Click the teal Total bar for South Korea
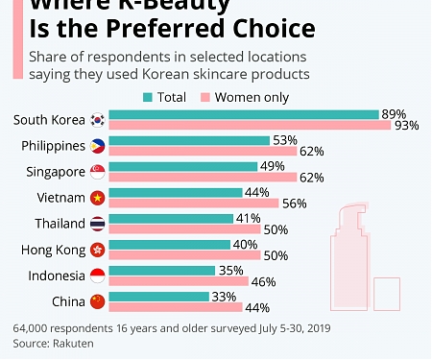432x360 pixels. click(244, 114)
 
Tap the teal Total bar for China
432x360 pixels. click(158, 297)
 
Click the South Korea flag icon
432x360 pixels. click(97, 120)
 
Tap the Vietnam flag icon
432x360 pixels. click(97, 198)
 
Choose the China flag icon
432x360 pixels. click(97, 302)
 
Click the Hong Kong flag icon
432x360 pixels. click(97, 250)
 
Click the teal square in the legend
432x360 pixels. click(147, 96)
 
